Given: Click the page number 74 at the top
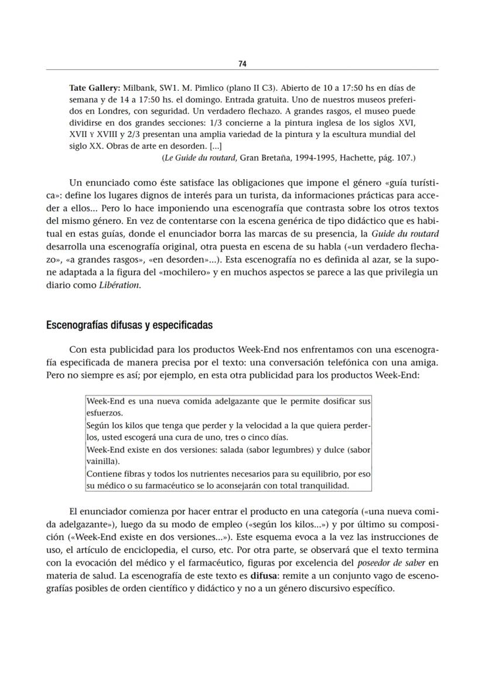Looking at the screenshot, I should [242, 63].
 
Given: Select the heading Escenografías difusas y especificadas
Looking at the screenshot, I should [129, 325].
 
